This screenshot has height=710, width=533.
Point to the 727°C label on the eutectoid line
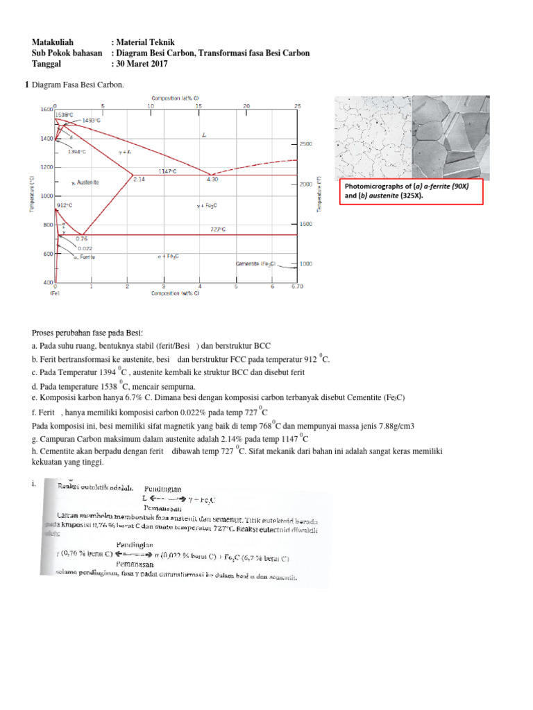tap(219, 230)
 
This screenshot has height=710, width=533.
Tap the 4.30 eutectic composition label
tap(212, 180)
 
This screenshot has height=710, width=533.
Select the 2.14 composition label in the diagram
tap(138, 180)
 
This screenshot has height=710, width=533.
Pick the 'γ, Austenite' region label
tap(85, 182)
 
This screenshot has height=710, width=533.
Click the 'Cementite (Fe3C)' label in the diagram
tap(256, 264)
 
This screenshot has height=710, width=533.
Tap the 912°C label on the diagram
tap(65, 206)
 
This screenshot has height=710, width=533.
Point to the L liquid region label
tap(204, 136)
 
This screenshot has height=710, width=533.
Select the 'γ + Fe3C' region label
tap(207, 206)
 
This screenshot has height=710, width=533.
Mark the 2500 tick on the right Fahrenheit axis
tap(306, 144)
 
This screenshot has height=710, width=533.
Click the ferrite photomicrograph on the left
tap(373, 137)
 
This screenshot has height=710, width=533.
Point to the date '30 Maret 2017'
tap(142, 64)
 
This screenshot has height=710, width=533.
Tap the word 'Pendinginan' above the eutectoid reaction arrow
tap(135, 545)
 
